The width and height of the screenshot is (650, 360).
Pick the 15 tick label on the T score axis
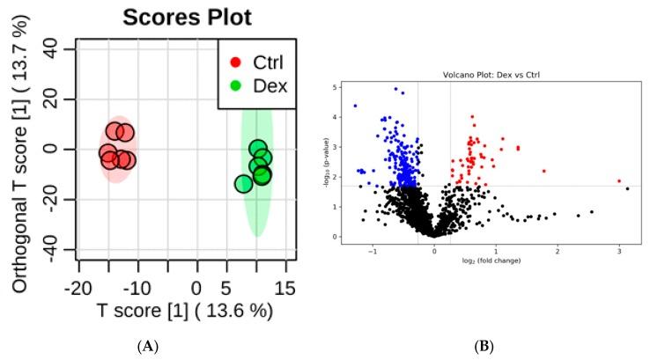point(285,289)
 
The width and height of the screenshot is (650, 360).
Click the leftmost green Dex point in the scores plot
point(244,183)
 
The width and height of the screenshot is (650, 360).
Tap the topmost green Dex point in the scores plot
point(258,149)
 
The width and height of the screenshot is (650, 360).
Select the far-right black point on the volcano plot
point(627,188)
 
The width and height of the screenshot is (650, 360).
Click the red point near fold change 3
point(619,180)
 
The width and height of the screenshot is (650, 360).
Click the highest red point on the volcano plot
point(472,116)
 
